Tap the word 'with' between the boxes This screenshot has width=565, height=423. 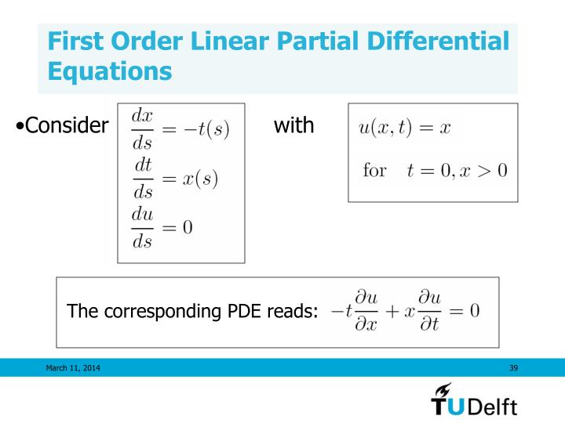point(294,125)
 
